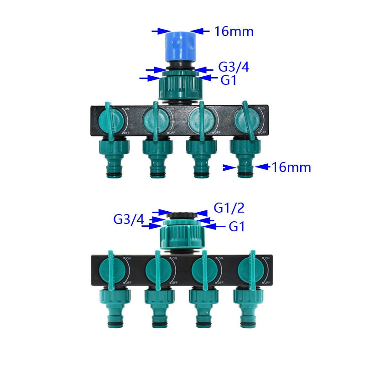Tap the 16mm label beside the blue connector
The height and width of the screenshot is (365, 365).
(x=234, y=31)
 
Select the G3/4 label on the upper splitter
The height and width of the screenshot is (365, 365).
(x=234, y=67)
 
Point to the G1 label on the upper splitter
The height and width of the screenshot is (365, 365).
(x=229, y=80)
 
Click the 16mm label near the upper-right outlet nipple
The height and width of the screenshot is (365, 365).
(x=291, y=167)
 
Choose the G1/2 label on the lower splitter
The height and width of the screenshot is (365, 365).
(x=229, y=208)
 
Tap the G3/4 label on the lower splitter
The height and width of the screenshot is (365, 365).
(x=129, y=219)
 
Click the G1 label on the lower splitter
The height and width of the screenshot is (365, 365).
(x=236, y=227)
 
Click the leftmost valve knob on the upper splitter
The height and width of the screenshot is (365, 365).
(x=111, y=120)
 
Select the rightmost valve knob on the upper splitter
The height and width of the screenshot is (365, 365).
(x=247, y=120)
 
